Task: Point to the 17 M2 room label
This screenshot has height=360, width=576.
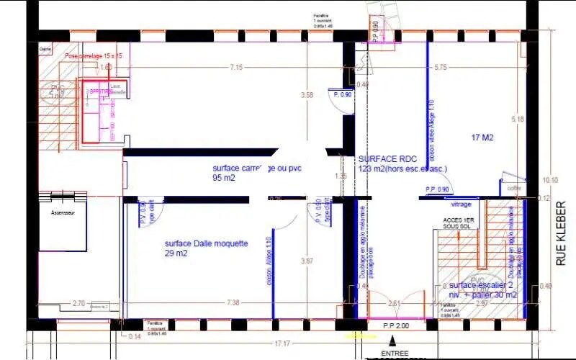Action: point(482,137)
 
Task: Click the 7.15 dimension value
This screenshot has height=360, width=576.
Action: point(236,68)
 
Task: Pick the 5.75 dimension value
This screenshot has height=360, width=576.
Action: point(440,68)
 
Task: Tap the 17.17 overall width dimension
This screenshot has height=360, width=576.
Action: point(282,343)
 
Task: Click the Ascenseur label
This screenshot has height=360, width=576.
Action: point(63,214)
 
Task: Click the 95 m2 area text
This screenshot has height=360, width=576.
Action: point(224,177)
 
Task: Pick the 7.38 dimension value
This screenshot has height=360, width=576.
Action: point(233,303)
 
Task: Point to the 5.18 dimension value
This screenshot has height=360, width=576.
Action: point(516,118)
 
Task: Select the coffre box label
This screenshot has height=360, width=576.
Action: point(514,189)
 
